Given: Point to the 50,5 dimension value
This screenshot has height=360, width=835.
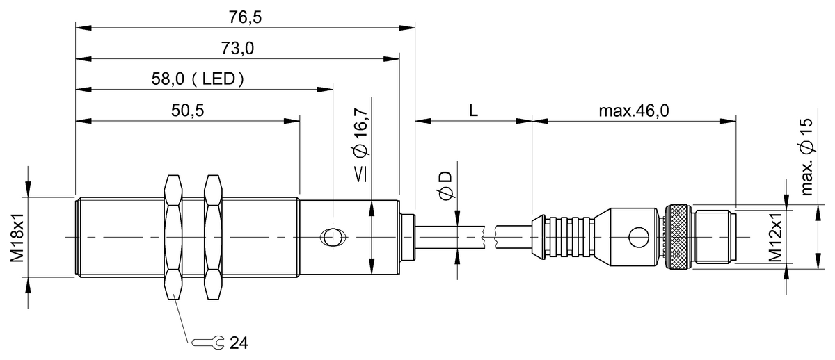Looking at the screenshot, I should coord(187,111).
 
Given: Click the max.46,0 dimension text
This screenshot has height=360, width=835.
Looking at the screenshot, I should coord(633,111).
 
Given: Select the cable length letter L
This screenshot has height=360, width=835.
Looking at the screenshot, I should coord(473,111).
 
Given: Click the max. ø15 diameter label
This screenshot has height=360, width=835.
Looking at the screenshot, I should coord(806,157).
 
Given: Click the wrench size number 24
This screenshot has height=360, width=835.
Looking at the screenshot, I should coord(239,343).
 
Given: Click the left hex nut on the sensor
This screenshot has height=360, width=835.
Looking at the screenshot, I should coord(173,238).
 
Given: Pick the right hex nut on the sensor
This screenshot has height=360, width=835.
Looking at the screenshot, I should coord(213,238).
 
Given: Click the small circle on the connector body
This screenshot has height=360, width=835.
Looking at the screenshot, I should coord(635,238).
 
